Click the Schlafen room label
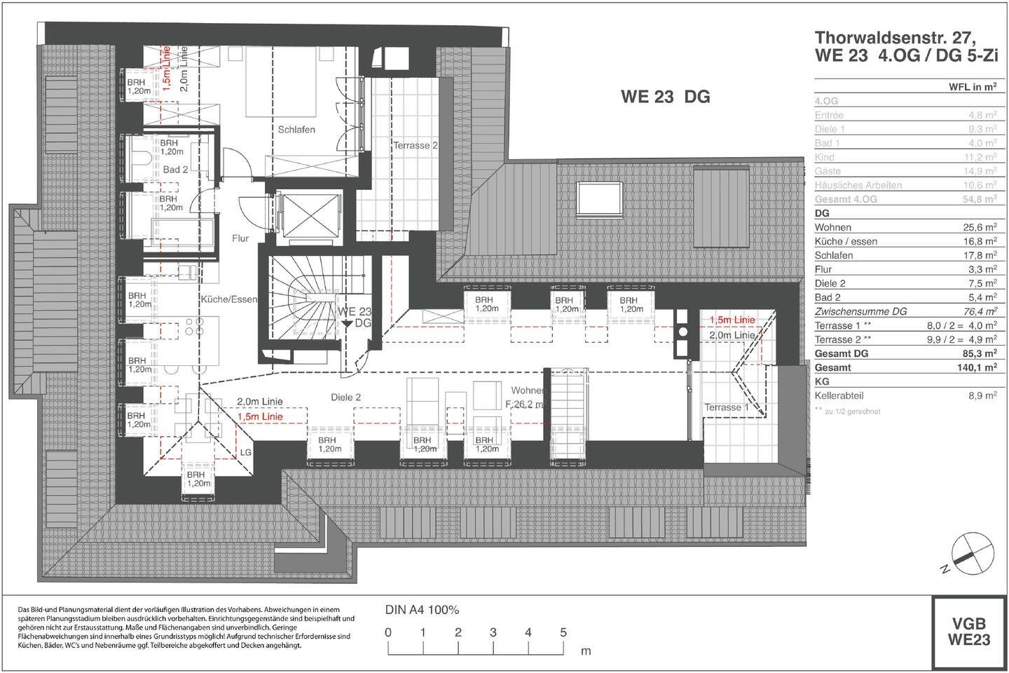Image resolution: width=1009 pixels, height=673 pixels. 296,130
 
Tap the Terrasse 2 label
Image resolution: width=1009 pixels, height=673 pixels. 415,146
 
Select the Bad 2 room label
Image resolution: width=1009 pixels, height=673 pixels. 175,170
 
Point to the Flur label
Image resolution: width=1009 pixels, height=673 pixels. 240,238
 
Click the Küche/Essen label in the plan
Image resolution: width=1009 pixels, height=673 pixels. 229,299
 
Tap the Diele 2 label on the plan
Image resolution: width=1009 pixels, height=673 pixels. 345,397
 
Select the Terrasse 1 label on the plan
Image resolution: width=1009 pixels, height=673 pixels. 727,407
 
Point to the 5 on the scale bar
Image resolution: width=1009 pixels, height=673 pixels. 563,632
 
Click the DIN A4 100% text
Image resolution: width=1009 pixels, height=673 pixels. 422,610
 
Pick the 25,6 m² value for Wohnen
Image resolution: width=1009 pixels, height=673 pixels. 980,227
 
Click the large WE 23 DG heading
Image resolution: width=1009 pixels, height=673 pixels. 665,97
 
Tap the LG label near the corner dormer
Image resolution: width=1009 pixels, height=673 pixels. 245,453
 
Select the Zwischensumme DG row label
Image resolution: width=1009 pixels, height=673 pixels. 860,311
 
